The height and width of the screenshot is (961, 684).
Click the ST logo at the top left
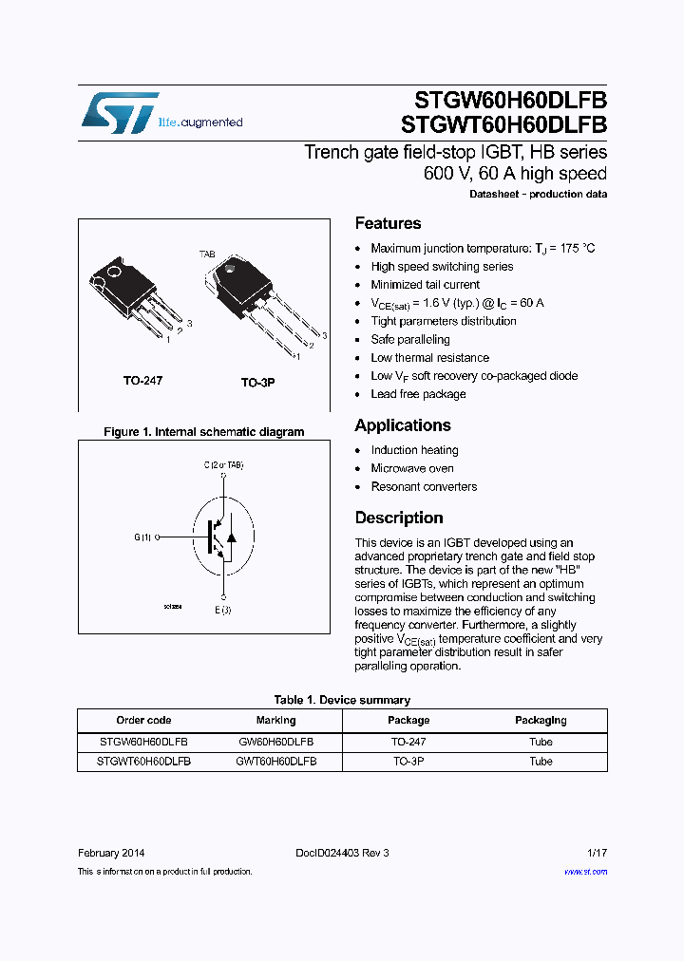[119, 112]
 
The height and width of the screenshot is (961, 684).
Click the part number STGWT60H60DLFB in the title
[504, 124]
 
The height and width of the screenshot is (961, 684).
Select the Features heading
[388, 223]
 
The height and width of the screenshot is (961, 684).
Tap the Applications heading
[403, 425]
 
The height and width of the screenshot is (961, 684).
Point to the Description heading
[399, 518]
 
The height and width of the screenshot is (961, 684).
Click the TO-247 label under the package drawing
[142, 381]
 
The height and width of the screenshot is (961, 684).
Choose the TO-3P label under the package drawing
[256, 383]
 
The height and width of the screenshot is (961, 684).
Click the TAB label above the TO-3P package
[207, 254]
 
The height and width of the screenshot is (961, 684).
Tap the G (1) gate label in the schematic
[142, 537]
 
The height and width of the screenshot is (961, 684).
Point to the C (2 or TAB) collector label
[223, 465]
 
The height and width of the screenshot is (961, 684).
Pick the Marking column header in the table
[275, 720]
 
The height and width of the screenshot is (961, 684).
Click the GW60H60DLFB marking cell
[275, 742]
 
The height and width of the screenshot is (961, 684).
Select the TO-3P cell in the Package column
[408, 761]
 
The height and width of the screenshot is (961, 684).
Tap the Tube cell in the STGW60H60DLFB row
[541, 742]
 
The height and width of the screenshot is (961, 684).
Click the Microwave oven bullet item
[412, 468]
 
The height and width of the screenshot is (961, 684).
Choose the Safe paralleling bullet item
[410, 339]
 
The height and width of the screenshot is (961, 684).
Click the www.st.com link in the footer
[585, 871]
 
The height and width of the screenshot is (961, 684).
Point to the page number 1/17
[597, 853]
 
